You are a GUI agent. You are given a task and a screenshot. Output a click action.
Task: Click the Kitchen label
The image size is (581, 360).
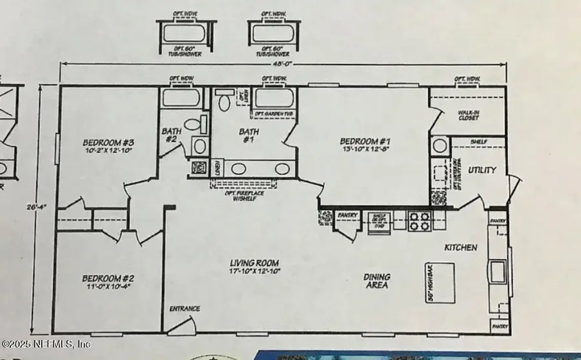(460, 248)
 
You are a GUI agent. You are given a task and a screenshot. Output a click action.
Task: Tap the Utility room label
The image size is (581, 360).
(482, 170)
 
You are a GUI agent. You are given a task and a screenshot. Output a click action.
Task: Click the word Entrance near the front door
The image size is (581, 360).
(185, 308)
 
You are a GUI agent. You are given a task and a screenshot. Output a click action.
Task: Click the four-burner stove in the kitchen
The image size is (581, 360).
(419, 221)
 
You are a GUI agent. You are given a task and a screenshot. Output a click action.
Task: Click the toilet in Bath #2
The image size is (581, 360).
(192, 125)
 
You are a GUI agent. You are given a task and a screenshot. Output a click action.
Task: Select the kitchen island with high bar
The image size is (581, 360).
(433, 283)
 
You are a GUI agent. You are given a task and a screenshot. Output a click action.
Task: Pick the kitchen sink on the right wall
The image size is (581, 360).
(498, 269)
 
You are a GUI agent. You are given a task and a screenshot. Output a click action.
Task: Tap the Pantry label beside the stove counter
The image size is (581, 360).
(347, 215)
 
